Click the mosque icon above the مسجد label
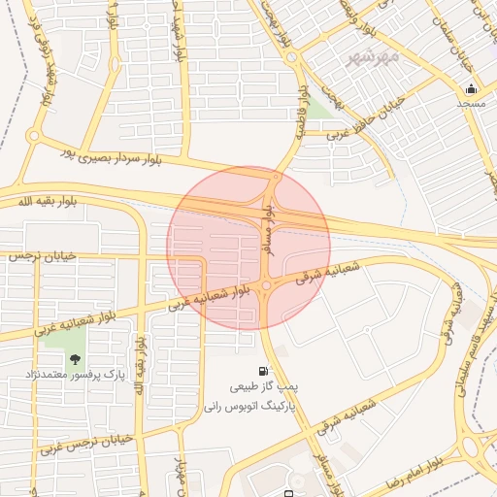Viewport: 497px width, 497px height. pyautogui.click(x=471, y=89)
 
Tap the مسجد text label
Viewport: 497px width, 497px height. pyautogui.click(x=471, y=102)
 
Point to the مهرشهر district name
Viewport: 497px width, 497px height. pyautogui.click(x=374, y=58)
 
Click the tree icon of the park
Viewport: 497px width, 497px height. pyautogui.click(x=76, y=359)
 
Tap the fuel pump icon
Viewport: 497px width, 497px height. pyautogui.click(x=263, y=371)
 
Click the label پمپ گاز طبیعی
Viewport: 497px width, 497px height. pyautogui.click(x=263, y=385)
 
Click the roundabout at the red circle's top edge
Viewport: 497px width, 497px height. pyautogui.click(x=277, y=177)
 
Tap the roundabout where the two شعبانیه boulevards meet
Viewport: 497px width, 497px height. pyautogui.click(x=266, y=284)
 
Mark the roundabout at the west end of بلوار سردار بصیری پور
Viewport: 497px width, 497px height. pyautogui.click(x=34, y=136)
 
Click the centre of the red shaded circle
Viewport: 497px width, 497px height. pyautogui.click(x=248, y=248)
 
